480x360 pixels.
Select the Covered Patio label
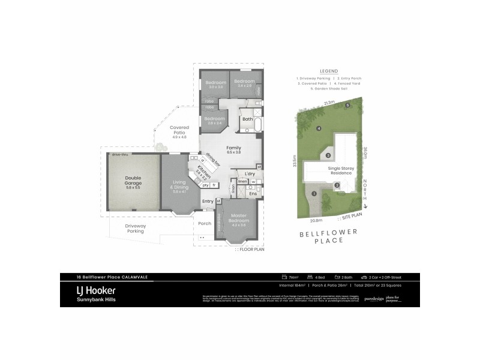tap(179, 130)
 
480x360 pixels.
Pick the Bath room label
tap(248, 119)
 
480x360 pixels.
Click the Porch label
tap(205, 223)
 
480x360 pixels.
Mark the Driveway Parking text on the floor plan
tap(135, 228)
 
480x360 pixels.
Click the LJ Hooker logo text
tap(96, 290)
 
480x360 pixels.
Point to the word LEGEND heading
tap(329, 71)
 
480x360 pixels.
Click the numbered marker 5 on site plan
tap(347, 106)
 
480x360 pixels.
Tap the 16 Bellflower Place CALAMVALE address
tap(104, 277)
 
